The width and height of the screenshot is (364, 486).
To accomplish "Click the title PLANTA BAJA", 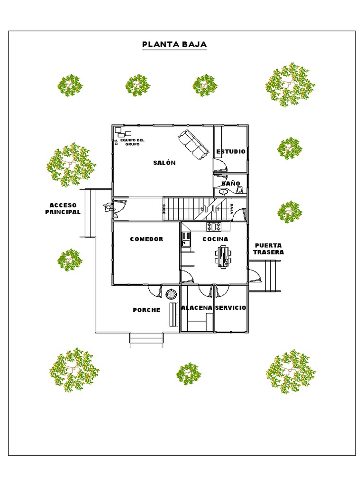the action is pos(174,44).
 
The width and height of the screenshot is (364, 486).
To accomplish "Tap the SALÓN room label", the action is pos(164,162).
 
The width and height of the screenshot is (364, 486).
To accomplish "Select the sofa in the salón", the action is pos(192,144).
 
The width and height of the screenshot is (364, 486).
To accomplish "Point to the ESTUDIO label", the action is pos(231,151).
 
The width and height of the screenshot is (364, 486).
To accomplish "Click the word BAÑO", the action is pos(231,183).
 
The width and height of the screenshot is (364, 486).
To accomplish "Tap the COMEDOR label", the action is pos(146,239).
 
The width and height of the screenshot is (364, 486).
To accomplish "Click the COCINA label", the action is pos(216,239).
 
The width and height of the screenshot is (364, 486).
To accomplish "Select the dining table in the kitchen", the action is pos(223,257).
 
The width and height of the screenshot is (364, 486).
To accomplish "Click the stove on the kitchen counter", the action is pos(214,226).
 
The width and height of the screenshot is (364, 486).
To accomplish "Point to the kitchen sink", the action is pos(186,240).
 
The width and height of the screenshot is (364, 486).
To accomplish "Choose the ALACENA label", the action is pos(197,308).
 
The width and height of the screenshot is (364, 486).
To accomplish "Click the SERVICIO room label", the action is pos(231,308).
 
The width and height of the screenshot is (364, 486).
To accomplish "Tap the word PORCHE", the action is pos(147,310).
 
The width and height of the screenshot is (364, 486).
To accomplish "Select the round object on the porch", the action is pos(171,294).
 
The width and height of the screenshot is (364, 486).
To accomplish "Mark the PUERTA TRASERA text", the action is pos(268,249).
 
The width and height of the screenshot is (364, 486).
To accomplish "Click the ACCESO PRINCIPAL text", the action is pos(63,209).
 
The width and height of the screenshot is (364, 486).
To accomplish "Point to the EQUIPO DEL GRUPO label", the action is pos(132,142).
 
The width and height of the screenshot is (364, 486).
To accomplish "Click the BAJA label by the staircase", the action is pos(231,209).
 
